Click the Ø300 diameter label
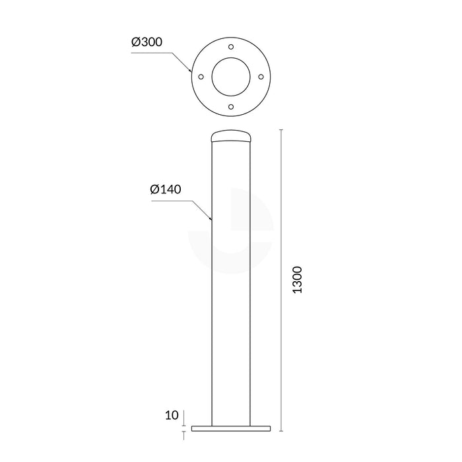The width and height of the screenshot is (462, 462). [147, 42]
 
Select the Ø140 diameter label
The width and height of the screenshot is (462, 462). [166, 189]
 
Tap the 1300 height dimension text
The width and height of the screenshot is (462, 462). [297, 280]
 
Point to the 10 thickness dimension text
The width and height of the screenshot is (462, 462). [172, 415]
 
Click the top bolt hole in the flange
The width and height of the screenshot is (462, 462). [230, 48]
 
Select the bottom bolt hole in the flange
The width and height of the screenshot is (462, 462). [230, 106]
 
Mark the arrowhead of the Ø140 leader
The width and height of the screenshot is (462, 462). [211, 218]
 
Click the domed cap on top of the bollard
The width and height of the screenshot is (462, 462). [231, 137]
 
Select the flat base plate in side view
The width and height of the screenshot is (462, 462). [231, 428]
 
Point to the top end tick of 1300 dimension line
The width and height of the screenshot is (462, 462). [282, 131]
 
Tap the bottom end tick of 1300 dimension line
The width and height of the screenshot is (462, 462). [282, 431]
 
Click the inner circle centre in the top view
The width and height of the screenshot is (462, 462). [231, 77]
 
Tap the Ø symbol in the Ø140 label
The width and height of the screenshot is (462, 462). [154, 189]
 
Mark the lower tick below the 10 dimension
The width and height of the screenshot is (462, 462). [183, 436]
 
